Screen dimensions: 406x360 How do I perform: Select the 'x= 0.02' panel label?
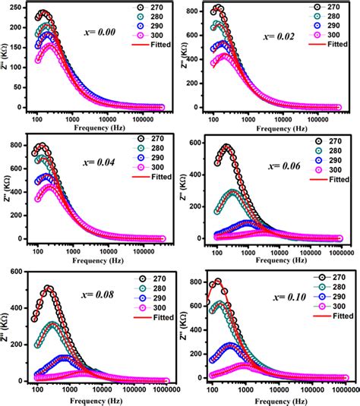tap(276, 36)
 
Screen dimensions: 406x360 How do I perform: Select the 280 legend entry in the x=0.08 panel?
tap(142, 288)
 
